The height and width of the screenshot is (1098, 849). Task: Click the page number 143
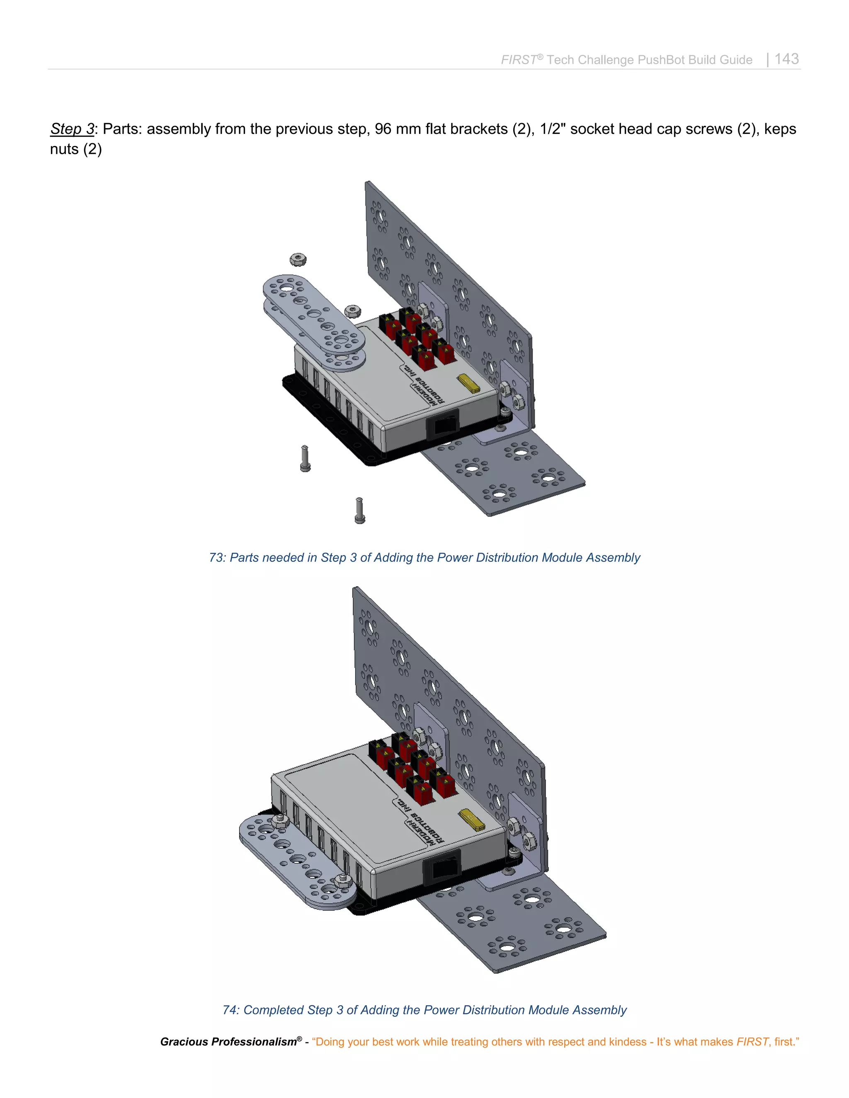(786, 59)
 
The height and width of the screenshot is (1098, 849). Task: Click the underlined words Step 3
(72, 129)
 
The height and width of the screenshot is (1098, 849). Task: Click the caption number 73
(216, 558)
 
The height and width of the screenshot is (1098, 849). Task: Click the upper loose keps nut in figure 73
(298, 259)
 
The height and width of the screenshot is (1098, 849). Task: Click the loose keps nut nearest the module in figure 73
(353, 310)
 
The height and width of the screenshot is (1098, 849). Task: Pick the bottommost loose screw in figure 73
(359, 511)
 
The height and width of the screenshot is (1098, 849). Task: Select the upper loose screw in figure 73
(305, 459)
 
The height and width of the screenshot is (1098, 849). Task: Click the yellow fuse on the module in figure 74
(472, 820)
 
